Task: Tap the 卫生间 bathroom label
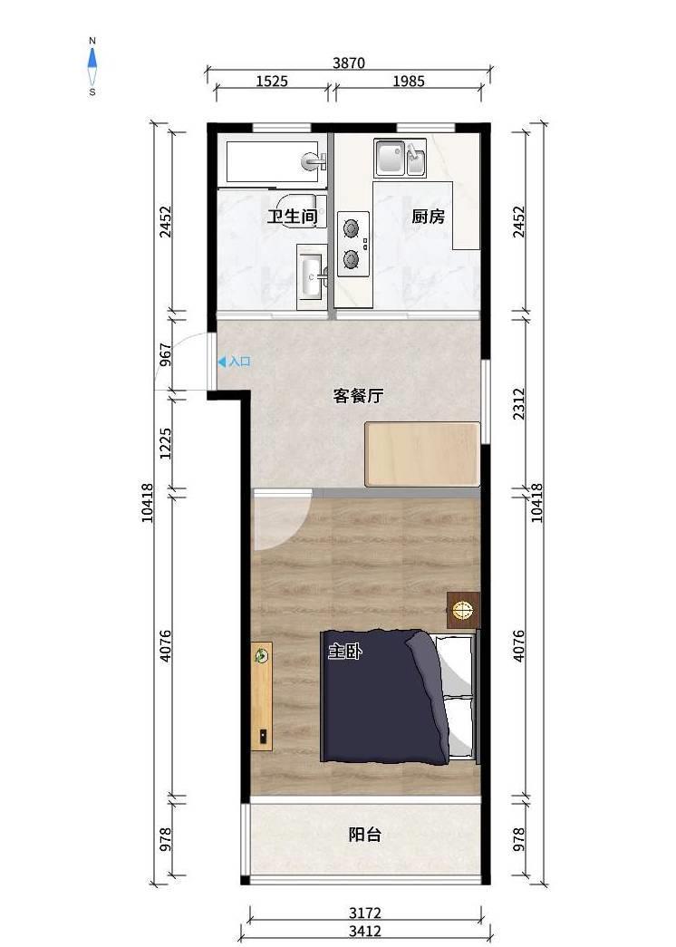[293, 217]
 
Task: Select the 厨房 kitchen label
[429, 217]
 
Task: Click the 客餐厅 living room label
[358, 396]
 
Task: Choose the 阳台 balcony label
[365, 835]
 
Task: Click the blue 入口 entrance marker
[234, 362]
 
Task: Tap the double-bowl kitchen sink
[400, 158]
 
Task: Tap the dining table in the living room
[422, 454]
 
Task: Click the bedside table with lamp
[463, 610]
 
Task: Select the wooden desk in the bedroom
[262, 696]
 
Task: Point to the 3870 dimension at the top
[349, 63]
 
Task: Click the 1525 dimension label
[272, 81]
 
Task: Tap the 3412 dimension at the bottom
[365, 931]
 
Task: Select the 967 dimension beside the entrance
[166, 355]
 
